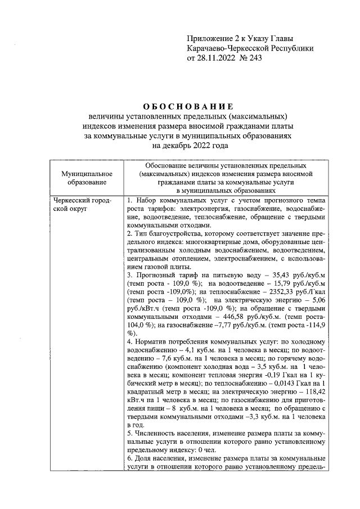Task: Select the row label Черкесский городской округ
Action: click(x=80, y=205)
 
